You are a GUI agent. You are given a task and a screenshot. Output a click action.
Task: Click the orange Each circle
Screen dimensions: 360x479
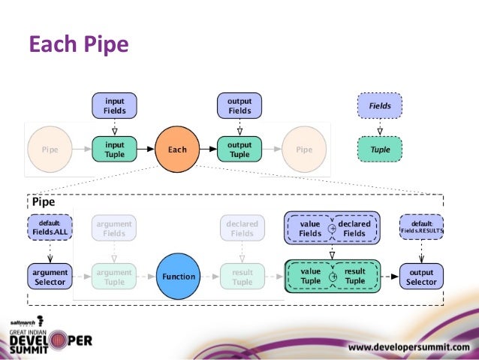[177, 150]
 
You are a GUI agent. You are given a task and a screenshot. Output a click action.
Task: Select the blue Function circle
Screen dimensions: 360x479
[179, 277]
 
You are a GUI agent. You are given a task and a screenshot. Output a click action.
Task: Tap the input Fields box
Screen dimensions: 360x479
[114, 106]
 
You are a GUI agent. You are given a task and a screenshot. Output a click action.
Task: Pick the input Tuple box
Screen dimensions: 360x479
[114, 150]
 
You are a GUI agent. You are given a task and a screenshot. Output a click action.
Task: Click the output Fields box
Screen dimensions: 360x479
[239, 106]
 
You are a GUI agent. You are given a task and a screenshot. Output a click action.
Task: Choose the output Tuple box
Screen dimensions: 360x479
[239, 150]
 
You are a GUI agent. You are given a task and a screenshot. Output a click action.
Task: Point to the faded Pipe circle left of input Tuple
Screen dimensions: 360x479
[51, 150]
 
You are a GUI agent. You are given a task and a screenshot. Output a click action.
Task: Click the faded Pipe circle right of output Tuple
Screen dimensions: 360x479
[304, 150]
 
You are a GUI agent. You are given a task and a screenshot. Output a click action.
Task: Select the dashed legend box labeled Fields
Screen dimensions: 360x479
[380, 106]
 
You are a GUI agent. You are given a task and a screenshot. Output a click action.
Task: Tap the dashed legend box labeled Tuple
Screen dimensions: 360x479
[380, 150]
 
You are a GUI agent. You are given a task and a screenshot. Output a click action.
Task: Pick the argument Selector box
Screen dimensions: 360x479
[50, 277]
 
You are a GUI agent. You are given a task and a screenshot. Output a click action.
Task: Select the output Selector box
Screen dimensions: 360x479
[421, 277]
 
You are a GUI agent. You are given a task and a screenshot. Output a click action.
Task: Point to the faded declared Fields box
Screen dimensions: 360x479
[242, 228]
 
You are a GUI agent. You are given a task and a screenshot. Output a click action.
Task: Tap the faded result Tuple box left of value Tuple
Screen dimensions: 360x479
[242, 277]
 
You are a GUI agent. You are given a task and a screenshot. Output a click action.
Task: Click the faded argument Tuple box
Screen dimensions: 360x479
[114, 277]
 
